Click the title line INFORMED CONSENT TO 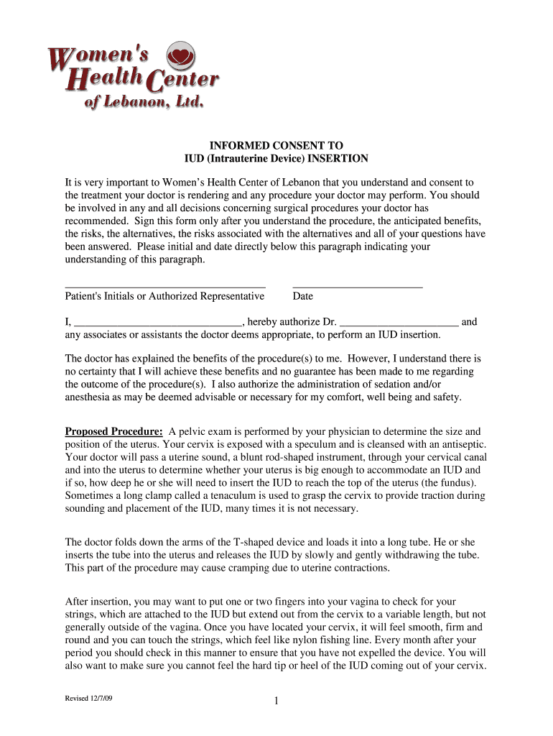tap(276, 146)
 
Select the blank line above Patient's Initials tap(165, 286)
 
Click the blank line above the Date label tap(358, 286)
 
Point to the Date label tap(303, 296)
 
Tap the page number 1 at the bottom tap(276, 702)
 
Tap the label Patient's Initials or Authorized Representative tap(164, 296)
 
